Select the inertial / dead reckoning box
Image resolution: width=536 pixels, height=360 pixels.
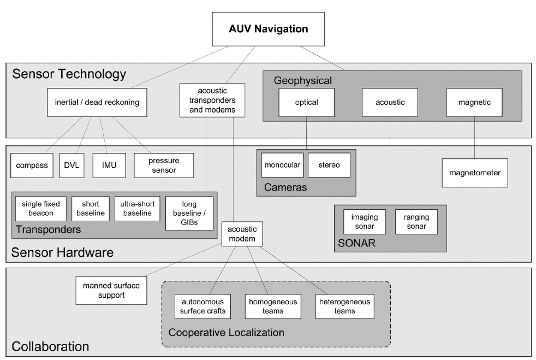98,102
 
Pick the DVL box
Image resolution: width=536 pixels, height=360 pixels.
72,165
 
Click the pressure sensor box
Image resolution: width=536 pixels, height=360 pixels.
164,165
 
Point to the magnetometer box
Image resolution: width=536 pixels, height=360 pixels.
475,173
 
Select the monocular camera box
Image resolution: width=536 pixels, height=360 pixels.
282,165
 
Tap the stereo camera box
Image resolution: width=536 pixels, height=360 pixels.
329,165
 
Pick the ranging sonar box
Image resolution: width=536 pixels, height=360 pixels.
416,222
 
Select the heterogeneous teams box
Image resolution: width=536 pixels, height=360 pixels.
344,306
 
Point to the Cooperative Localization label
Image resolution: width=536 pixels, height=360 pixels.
227,332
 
